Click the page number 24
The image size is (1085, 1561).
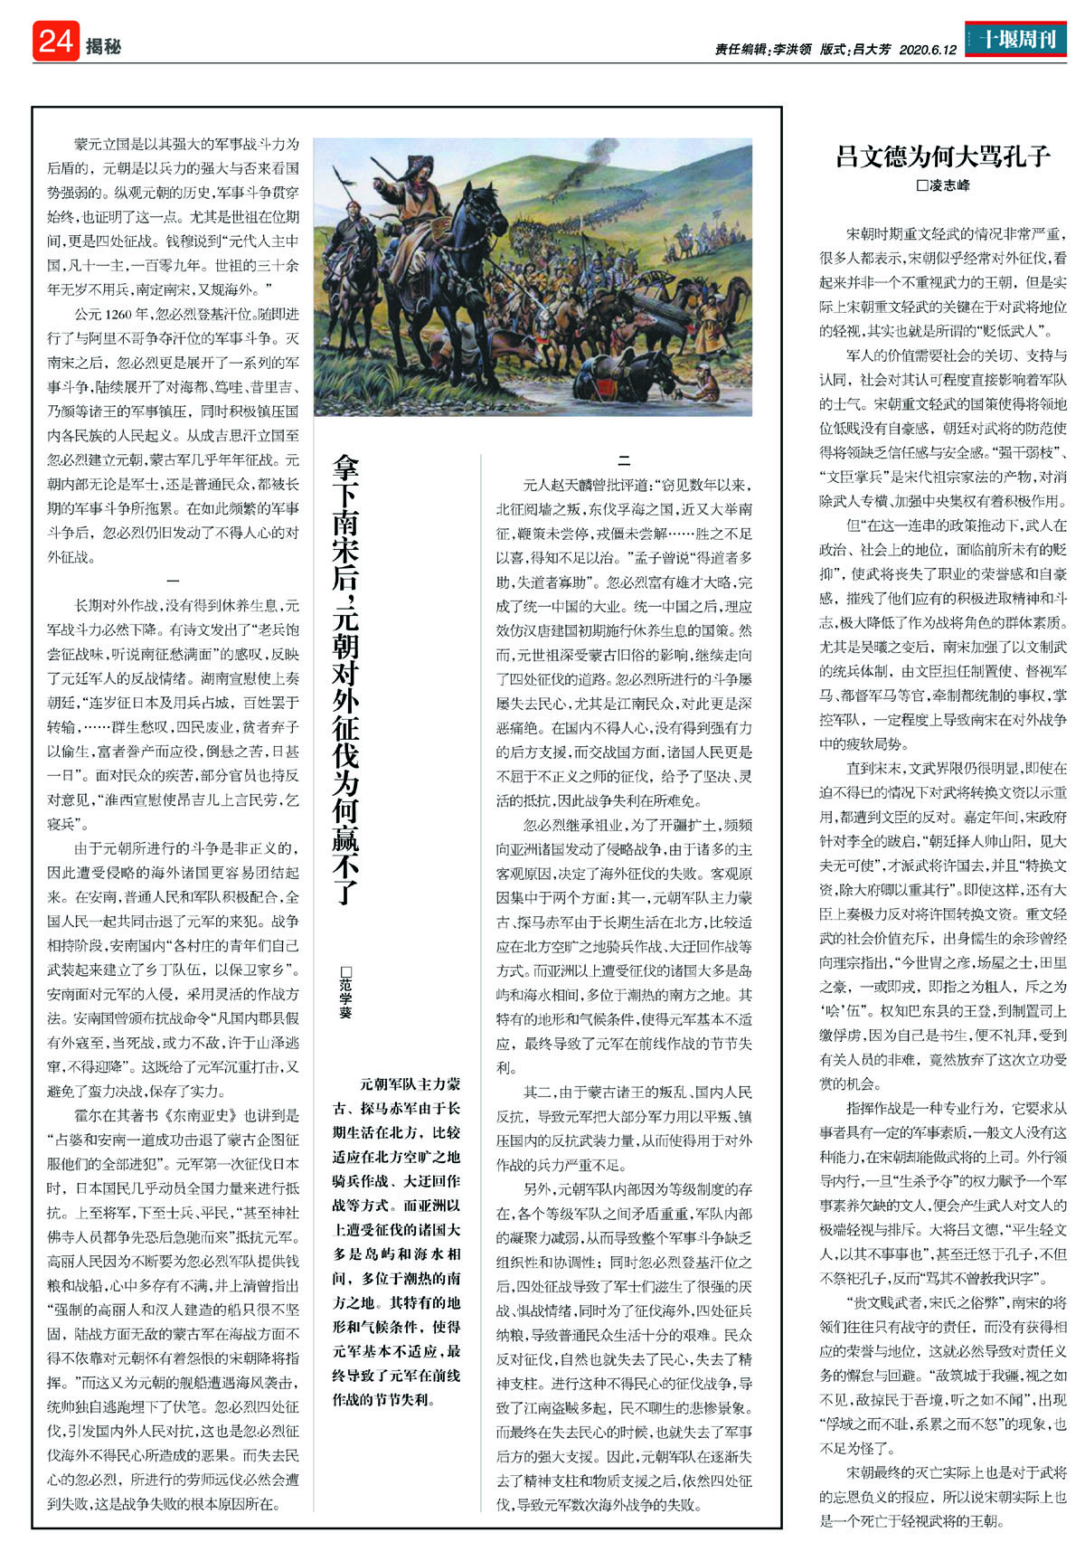pos(56,42)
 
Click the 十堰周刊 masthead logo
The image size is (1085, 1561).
pos(1016,40)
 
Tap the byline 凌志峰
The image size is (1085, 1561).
pos(948,185)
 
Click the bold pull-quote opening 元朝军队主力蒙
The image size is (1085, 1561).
pos(410,1083)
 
